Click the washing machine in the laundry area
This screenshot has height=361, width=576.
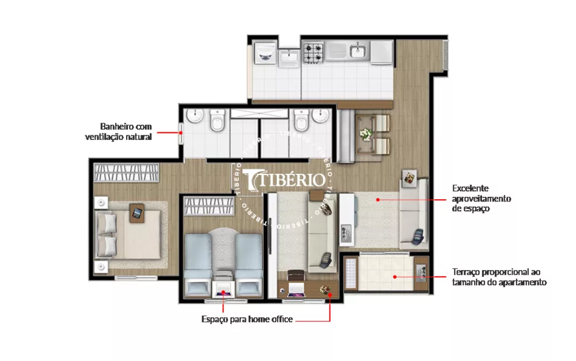[266, 53]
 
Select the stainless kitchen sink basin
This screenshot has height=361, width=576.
[358, 52]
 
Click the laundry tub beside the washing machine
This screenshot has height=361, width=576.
[288, 57]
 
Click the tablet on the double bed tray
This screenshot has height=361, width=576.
[137, 214]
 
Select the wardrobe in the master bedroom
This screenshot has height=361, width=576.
[126, 173]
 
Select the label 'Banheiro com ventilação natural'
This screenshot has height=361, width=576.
[126, 132]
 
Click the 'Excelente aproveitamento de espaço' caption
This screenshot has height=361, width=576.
[482, 199]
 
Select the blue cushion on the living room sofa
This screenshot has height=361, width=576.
[419, 235]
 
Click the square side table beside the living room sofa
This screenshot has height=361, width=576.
[410, 179]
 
